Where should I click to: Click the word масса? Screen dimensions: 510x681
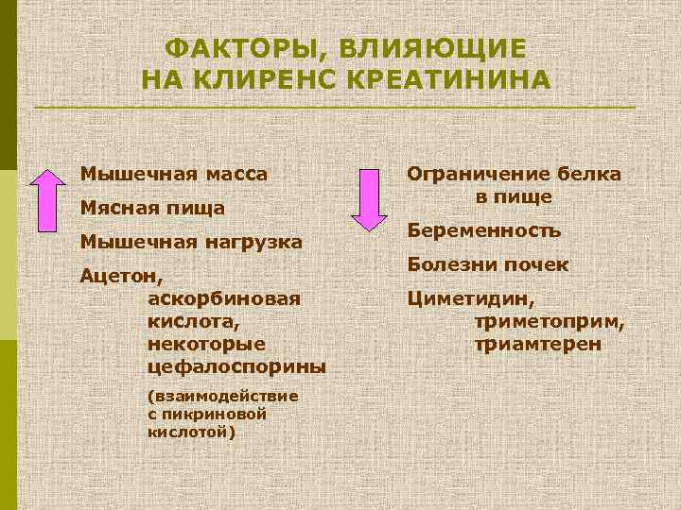pyautogui.click(x=233, y=174)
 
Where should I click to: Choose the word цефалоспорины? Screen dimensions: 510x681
pyautogui.click(x=237, y=365)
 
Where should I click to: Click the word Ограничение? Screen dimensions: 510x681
pyautogui.click(x=479, y=174)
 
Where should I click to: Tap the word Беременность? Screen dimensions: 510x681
pyautogui.click(x=484, y=230)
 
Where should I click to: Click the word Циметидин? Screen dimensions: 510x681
pyautogui.click(x=470, y=300)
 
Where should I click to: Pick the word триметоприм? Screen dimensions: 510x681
pyautogui.click(x=550, y=322)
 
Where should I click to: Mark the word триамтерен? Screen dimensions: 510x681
pyautogui.click(x=536, y=345)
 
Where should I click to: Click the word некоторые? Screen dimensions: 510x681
pyautogui.click(x=207, y=343)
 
